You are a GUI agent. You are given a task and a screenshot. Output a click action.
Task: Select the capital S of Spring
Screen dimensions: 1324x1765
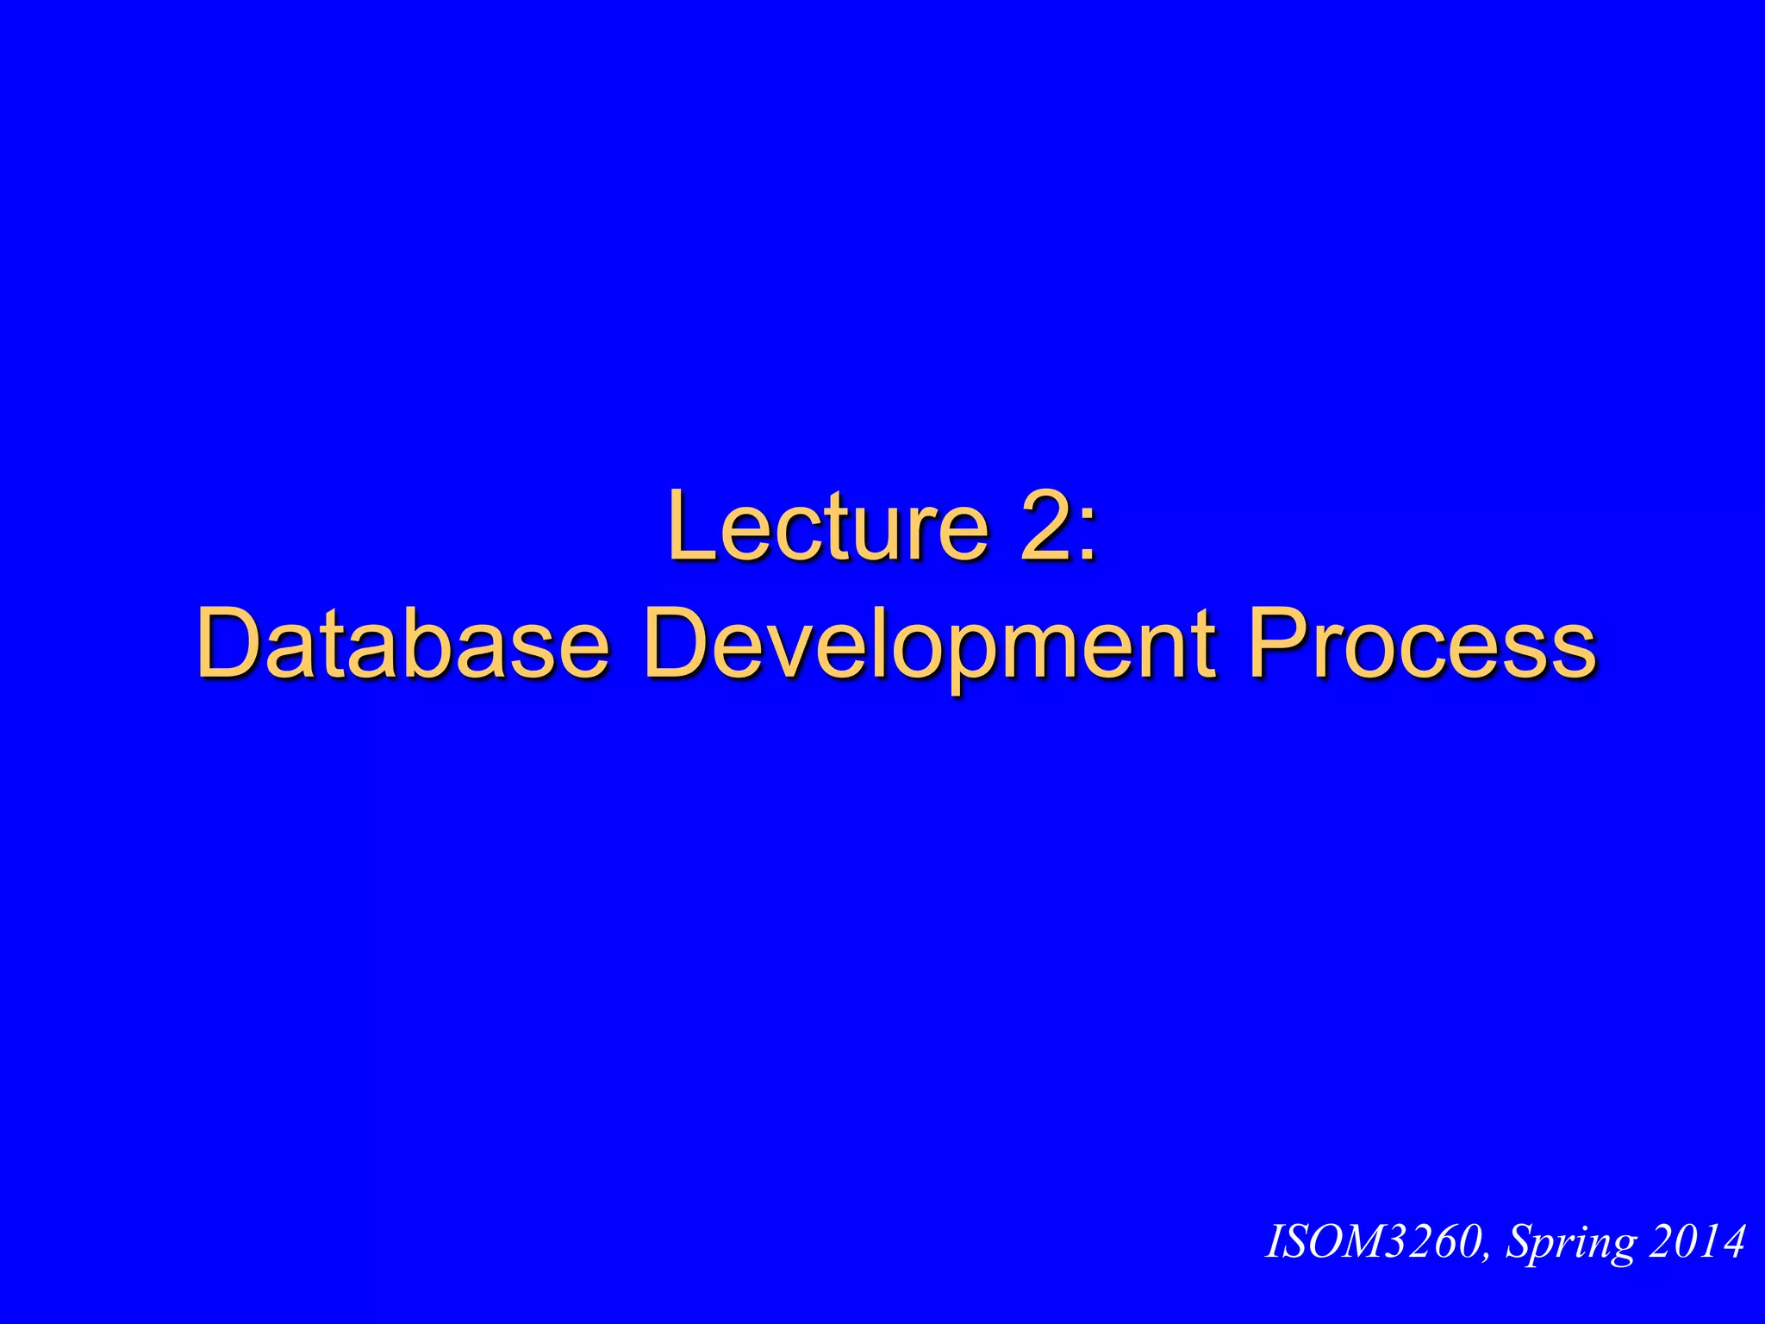pyautogui.click(x=1519, y=1242)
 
